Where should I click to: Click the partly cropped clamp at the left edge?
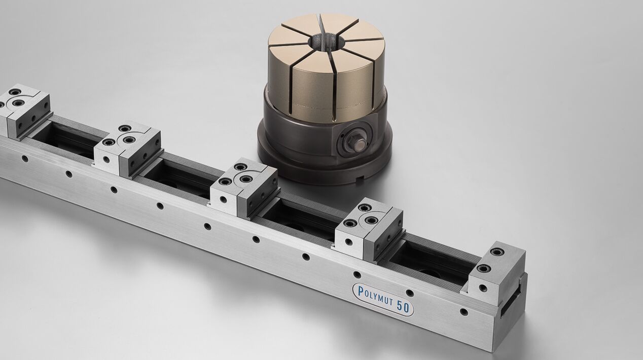coord(24,110)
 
